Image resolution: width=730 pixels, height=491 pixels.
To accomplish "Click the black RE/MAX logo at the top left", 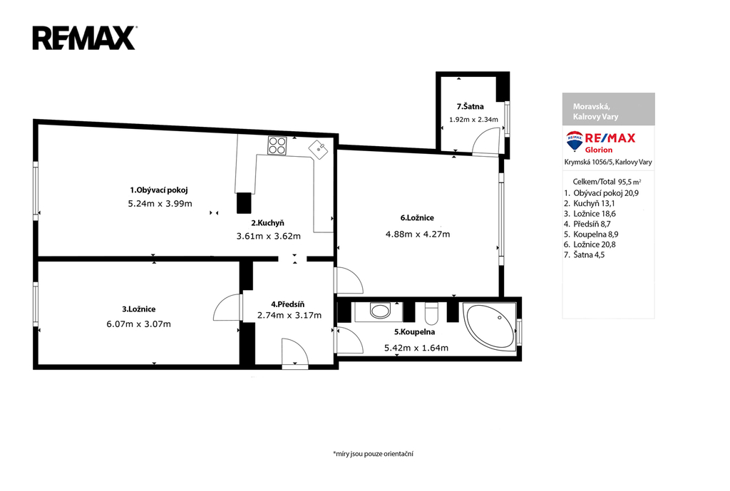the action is (84, 38).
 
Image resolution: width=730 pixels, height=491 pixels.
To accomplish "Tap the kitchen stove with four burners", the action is (277, 145).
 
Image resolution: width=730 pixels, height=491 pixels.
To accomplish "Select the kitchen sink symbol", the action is (319, 150).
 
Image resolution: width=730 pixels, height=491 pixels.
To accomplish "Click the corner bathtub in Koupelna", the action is (489, 326).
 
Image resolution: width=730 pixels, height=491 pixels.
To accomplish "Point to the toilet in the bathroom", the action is (431, 314).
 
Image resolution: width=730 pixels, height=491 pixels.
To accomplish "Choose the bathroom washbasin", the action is (380, 311).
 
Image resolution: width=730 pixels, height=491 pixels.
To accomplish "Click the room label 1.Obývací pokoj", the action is (159, 190).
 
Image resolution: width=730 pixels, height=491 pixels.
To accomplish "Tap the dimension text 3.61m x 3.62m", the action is (269, 236).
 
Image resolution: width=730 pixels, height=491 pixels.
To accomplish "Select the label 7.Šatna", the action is (471, 107).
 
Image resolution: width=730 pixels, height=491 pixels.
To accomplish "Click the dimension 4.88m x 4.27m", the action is (418, 234).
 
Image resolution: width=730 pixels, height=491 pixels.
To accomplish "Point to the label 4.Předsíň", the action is (288, 304).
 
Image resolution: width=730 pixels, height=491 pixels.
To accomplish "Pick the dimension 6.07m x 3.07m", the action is (139, 324).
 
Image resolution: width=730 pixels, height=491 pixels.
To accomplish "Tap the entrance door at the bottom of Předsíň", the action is (295, 353).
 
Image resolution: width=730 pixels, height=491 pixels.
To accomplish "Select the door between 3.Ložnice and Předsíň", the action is (227, 308).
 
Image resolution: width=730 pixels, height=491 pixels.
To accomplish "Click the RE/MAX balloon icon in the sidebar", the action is (575, 141).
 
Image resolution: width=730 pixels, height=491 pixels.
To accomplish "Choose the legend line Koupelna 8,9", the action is (591, 234).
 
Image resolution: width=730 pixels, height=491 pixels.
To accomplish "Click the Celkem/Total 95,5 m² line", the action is (607, 182).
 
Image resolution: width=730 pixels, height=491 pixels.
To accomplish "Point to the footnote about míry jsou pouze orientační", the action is (373, 454).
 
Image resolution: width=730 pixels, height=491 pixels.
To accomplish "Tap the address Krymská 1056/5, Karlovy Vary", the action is (608, 162).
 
